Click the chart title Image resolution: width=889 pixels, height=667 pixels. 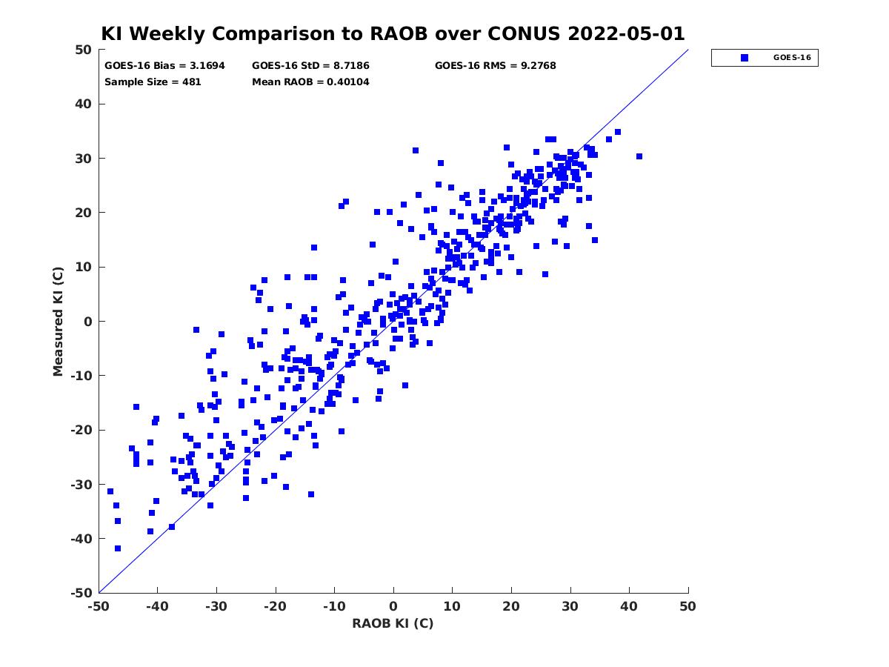pos(393,33)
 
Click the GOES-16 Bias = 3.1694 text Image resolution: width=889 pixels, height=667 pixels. pos(164,66)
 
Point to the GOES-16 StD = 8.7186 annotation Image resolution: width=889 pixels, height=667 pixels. pos(310,66)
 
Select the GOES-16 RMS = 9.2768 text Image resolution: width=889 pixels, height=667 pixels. pos(495,66)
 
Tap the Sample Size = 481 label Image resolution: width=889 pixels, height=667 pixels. pos(153,82)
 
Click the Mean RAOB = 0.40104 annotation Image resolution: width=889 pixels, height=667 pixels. pos(310,82)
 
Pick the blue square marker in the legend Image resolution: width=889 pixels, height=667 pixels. pos(744,58)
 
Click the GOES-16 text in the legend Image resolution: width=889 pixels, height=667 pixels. pos(792,58)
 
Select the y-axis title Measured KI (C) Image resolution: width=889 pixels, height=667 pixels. pos(58,321)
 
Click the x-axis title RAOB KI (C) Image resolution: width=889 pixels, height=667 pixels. pos(393,623)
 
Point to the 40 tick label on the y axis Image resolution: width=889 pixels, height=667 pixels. pos(84,104)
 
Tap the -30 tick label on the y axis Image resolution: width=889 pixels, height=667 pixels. pos(81,485)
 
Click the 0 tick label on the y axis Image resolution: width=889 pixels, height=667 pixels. pos(88,322)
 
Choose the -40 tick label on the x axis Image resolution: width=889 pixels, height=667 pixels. pos(157,606)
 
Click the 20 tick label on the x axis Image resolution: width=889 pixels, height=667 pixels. pos(511,606)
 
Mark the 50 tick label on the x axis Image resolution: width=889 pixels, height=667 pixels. pos(687,606)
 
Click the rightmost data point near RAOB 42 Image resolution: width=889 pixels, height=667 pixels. pos(639,156)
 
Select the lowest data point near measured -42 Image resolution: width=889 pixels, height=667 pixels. pos(118,548)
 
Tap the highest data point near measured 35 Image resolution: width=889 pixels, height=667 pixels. pos(618,132)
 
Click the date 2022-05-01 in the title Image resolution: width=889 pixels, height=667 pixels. pos(626,33)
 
